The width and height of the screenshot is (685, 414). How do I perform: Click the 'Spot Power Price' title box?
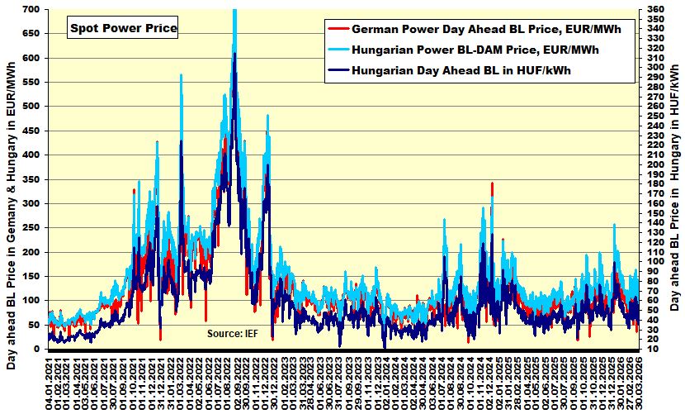[122, 28]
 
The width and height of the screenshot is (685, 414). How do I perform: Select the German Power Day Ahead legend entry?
[486, 28]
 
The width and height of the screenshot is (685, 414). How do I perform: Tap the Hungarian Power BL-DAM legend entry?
[475, 50]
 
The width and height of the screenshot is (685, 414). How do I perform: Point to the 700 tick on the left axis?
[31, 9]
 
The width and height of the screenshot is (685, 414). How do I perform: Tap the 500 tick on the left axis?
[31, 107]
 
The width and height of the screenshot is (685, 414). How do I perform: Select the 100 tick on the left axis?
[31, 301]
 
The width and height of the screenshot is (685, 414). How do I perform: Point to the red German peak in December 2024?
[492, 184]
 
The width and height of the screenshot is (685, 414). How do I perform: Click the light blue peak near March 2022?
[181, 76]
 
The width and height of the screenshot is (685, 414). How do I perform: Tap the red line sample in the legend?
[338, 28]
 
